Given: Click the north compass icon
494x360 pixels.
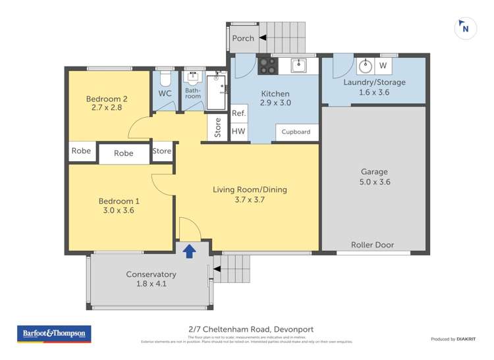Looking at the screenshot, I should click(x=465, y=28).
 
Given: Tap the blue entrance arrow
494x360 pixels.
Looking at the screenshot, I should click(x=189, y=250).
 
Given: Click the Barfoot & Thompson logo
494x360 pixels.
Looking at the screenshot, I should click(x=53, y=334).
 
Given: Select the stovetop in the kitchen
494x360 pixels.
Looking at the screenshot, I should click(x=267, y=66).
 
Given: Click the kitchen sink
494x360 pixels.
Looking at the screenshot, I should click(x=298, y=64).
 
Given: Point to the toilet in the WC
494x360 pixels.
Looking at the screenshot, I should click(x=165, y=79).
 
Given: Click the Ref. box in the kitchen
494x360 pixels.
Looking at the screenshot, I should click(x=238, y=113).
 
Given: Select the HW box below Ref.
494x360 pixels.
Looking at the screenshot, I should click(x=238, y=132).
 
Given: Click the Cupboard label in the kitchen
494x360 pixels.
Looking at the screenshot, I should click(x=296, y=132).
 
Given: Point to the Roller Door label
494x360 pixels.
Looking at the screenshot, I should click(x=372, y=245).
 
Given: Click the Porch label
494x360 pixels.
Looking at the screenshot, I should click(x=243, y=38).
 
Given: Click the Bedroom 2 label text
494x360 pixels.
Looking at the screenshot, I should click(x=107, y=99).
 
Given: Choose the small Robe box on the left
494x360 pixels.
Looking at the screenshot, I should click(x=81, y=151).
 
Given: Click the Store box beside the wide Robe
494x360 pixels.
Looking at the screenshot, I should click(x=162, y=151).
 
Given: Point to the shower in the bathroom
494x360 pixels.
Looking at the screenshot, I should click(x=216, y=92).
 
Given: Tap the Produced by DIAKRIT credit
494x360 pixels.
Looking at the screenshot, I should click(x=453, y=339).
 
